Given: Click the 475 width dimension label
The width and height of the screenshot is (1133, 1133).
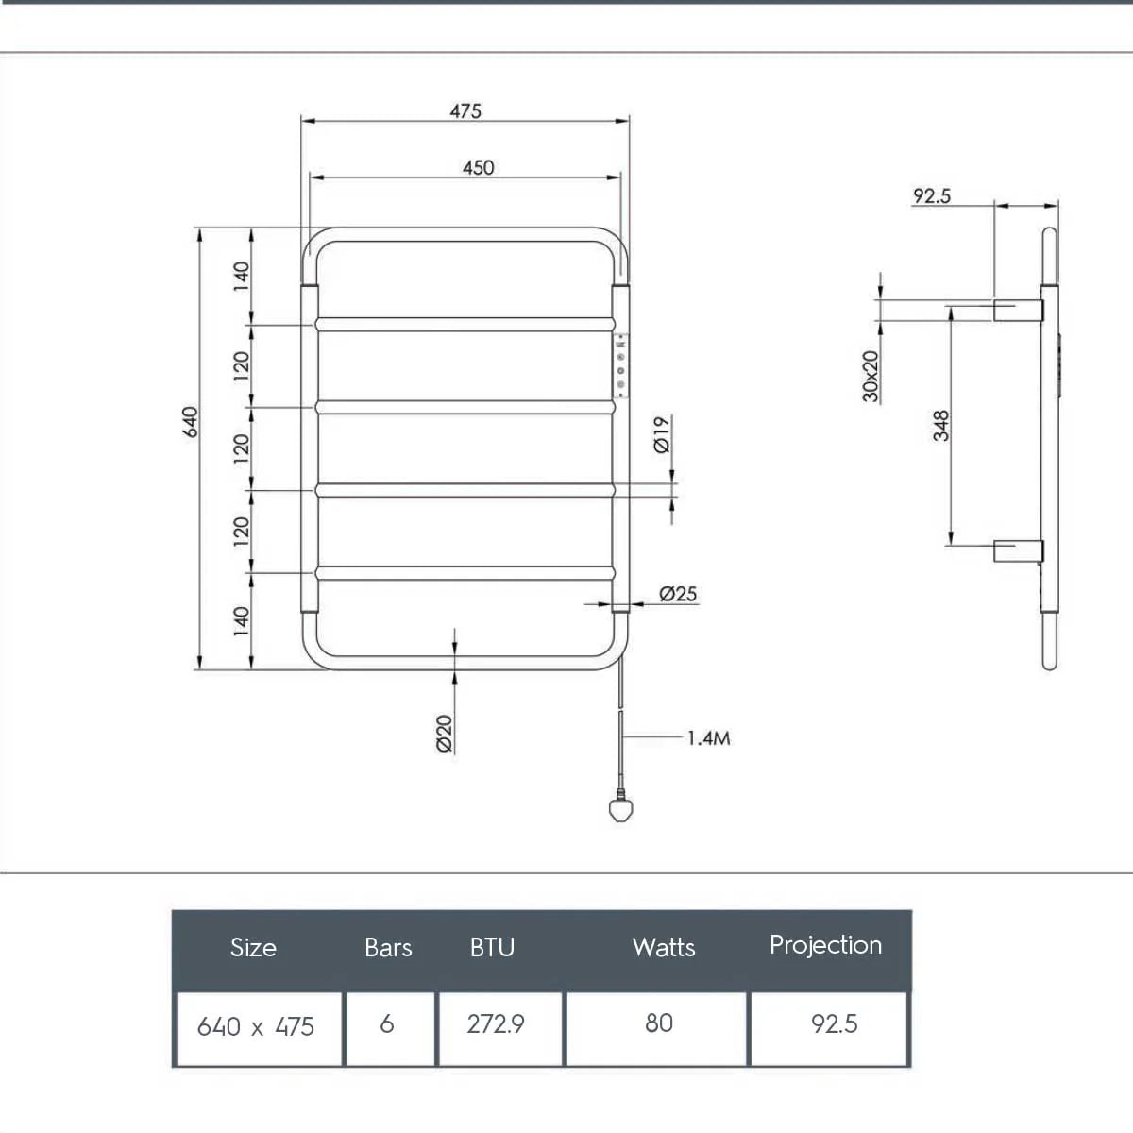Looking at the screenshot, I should point(465,110).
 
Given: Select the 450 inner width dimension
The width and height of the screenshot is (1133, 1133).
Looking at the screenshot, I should point(478,167).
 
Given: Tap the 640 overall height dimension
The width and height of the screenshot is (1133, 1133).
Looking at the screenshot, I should point(190,421).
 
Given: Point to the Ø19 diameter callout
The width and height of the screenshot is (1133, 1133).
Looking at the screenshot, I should point(662,434).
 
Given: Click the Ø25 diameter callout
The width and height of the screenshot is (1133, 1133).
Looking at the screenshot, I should point(678,593).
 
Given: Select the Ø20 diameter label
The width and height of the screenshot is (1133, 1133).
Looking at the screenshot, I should point(445,733).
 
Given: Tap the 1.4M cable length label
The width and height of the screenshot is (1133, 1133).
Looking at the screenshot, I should point(708,738).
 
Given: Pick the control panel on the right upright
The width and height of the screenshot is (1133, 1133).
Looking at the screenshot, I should point(621,366).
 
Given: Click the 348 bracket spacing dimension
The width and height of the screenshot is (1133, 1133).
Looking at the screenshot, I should point(941,425).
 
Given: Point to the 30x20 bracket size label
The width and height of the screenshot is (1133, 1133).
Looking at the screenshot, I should point(871,376).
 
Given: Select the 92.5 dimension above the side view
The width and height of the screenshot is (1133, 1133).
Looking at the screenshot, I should point(932,196).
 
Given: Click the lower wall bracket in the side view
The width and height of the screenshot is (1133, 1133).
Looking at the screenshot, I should point(1018,550).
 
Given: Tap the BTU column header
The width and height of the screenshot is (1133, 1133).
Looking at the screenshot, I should point(492,948).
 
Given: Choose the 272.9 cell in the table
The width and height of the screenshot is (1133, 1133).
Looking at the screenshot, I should point(496,1024).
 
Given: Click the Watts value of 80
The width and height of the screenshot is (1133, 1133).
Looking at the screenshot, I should point(659,1023).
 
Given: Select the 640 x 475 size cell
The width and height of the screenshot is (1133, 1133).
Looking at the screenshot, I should point(256,1026).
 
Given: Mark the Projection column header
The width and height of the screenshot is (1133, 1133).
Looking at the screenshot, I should point(825,945).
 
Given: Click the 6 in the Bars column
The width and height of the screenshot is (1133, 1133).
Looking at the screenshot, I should point(387,1024).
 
